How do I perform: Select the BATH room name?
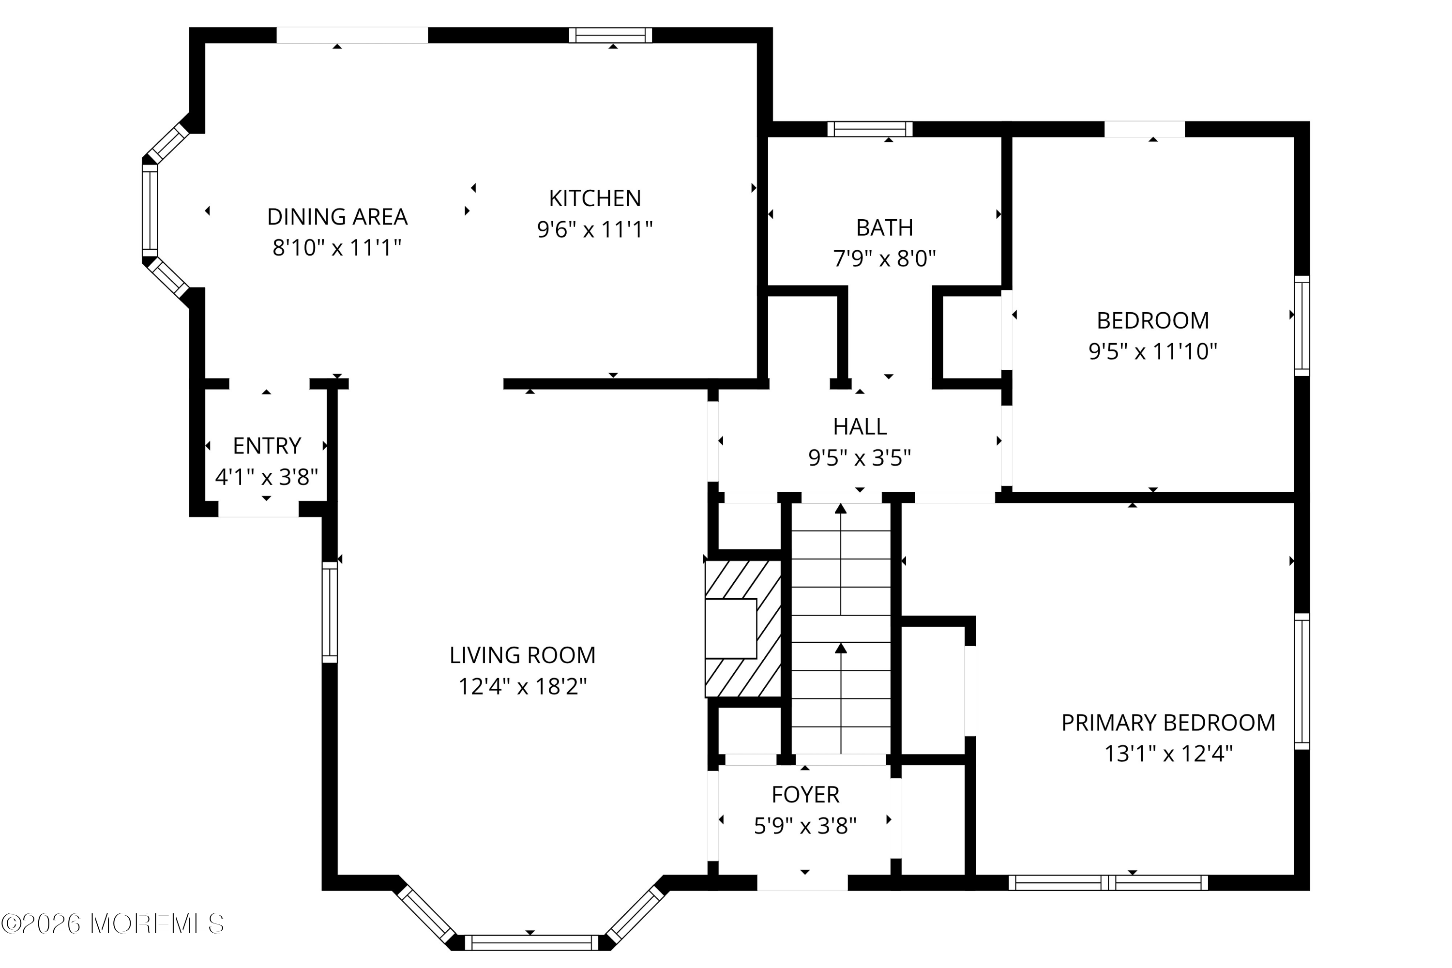pos(884,228)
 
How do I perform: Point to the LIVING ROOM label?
pos(522,655)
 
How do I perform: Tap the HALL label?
pos(860,426)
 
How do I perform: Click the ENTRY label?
pos(267,446)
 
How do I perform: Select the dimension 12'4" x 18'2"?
pos(522,686)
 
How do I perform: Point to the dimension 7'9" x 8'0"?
pos(884,258)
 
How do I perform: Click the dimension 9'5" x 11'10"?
pos(1152,351)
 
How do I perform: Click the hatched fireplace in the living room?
pos(743,629)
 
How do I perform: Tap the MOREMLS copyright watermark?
pos(112,924)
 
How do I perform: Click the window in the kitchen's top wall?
pos(610,35)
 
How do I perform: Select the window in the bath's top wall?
pos(869,129)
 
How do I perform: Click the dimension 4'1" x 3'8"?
pos(267,477)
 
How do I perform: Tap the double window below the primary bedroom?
pos(1108,883)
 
